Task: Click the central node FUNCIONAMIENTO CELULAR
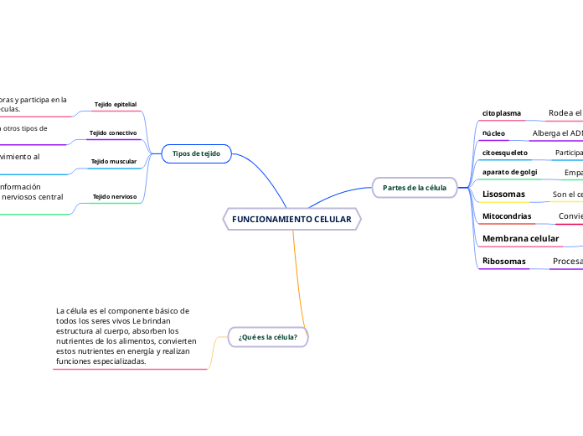click(291, 219)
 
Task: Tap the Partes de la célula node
click(414, 187)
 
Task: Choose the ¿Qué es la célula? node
click(267, 337)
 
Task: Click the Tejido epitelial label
click(116, 104)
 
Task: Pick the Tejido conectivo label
click(113, 133)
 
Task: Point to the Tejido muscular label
click(114, 161)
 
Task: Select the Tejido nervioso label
click(115, 196)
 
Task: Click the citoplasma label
click(502, 112)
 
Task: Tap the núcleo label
click(493, 133)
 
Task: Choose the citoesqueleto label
click(505, 153)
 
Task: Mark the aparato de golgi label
click(509, 172)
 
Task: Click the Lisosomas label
click(503, 195)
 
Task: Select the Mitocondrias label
click(507, 216)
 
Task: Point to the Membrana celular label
click(520, 239)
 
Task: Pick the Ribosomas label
click(504, 262)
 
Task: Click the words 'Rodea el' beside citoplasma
click(565, 112)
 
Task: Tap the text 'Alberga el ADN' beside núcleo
click(557, 133)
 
